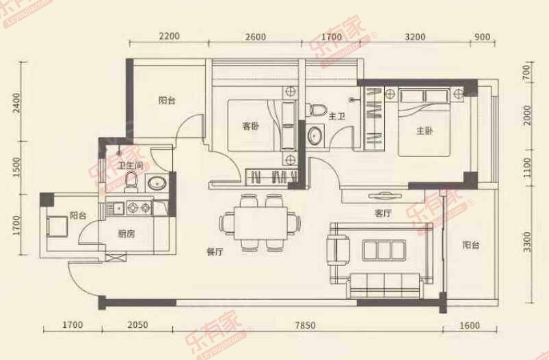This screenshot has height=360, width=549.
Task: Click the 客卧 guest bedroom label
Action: [x=251, y=126]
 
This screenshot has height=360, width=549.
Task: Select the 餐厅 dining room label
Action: [x=215, y=251]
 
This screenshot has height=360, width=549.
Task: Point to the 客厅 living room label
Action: [x=383, y=213]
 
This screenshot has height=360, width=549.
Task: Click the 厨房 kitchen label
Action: [x=126, y=234]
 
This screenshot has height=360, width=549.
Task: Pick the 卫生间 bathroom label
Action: [x=129, y=165]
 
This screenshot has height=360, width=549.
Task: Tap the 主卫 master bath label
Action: [x=336, y=117]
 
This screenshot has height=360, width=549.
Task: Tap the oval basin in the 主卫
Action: [x=317, y=135]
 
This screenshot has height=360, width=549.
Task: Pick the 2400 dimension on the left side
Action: [x=16, y=104]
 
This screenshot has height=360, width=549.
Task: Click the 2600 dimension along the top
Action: [x=254, y=36]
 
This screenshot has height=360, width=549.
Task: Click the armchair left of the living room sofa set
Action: [x=338, y=249]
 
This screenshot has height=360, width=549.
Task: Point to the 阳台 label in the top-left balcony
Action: [x=167, y=100]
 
